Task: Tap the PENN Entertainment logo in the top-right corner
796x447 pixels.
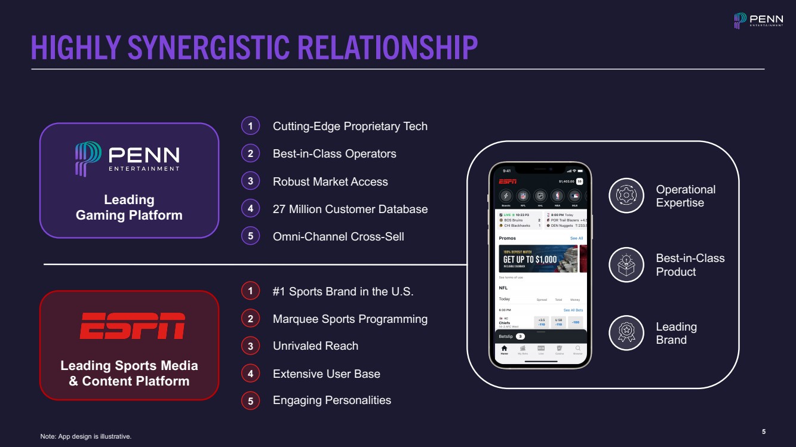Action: (758, 21)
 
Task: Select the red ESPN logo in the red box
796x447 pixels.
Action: (132, 325)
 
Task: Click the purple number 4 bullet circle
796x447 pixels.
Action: (250, 209)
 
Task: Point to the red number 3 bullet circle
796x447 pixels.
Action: (250, 346)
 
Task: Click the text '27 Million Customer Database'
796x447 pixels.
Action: (350, 209)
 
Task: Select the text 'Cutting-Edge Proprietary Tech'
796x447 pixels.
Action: (350, 126)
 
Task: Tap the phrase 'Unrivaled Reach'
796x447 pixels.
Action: (315, 346)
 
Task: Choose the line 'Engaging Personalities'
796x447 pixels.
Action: (331, 400)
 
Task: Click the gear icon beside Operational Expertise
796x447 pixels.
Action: (626, 196)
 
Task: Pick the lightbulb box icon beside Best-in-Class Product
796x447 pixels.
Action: (626, 264)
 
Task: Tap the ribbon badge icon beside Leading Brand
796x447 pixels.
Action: (626, 333)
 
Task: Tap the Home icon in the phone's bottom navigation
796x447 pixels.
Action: (504, 350)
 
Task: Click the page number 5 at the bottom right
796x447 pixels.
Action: (764, 431)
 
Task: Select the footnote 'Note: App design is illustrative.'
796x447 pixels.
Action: (85, 437)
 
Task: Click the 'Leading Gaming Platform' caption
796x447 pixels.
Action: (129, 207)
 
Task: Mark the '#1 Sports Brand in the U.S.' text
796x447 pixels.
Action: (343, 292)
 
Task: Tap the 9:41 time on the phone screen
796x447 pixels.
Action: (506, 171)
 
